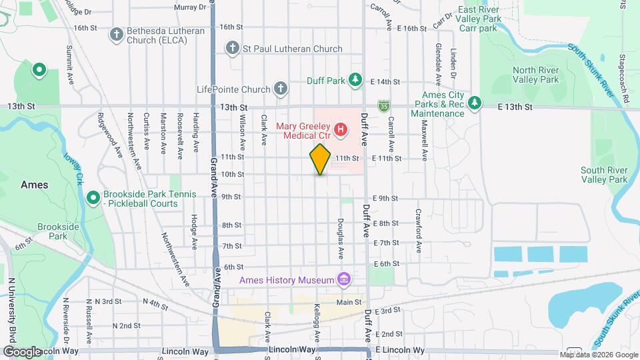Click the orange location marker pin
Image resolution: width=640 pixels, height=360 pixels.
click(320, 159)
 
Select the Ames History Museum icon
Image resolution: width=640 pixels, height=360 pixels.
click(344, 279)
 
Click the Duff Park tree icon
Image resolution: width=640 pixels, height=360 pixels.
click(356, 80)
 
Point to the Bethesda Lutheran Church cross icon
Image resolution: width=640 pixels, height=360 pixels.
click(116, 33)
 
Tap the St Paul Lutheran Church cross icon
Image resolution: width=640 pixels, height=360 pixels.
click(232, 48)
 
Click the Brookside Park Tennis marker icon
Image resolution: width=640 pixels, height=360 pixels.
click(93, 198)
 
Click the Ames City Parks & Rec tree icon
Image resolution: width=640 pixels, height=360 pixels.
click(475, 103)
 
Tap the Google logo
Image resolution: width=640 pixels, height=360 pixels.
click(22, 351)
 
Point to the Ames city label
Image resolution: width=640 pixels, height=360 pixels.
click(34, 185)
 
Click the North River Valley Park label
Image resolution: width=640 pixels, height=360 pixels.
click(535, 75)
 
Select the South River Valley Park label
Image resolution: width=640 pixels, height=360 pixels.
click(604, 175)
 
